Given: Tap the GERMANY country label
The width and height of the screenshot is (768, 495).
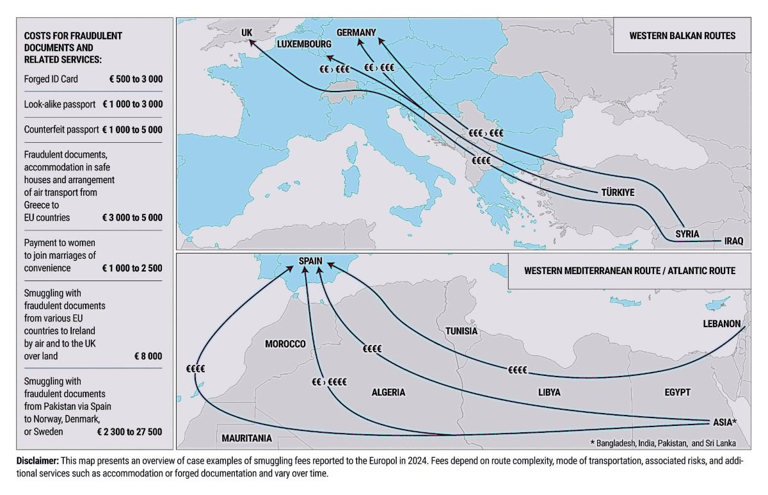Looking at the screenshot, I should pyautogui.click(x=356, y=32).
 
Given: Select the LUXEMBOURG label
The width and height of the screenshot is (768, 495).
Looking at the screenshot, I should pyautogui.click(x=304, y=44).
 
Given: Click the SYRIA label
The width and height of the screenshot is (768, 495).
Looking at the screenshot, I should pyautogui.click(x=687, y=234).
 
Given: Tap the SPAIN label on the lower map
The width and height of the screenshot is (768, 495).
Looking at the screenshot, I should pyautogui.click(x=310, y=261).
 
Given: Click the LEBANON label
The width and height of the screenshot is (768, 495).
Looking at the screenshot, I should pyautogui.click(x=721, y=324).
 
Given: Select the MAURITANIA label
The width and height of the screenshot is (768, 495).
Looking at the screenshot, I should pyautogui.click(x=246, y=439).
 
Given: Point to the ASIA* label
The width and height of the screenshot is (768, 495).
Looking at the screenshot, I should pyautogui.click(x=725, y=423).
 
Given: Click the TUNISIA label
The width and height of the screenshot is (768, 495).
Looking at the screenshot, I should pyautogui.click(x=461, y=331).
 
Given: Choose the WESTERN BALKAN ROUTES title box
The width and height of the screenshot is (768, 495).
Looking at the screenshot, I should pyautogui.click(x=682, y=36).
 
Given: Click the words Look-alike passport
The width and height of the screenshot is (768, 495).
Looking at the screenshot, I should pyautogui.click(x=60, y=104).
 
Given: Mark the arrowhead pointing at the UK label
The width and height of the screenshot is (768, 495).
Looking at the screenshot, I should pyautogui.click(x=252, y=42).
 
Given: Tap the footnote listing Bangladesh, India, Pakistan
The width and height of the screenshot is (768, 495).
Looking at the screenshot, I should pyautogui.click(x=662, y=443).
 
